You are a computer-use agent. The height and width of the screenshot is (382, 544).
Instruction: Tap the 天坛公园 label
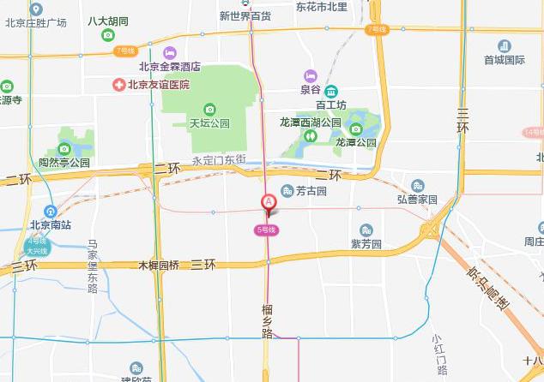pos(209,123)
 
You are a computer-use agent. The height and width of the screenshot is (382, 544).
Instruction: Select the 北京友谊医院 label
pos(158,84)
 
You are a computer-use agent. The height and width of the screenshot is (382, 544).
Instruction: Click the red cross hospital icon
pos(119,84)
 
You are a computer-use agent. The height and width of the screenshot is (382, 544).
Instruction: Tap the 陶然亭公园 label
pos(64,162)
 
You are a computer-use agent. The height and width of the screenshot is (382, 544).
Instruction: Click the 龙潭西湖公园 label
pos(311,122)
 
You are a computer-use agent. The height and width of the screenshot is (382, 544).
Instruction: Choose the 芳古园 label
pos(310,191)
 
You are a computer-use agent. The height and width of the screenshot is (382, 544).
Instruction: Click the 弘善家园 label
pos(417,199)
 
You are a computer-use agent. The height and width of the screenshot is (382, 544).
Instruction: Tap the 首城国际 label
pos(504,60)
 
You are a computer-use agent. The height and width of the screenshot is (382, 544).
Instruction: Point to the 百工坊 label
pos(330,104)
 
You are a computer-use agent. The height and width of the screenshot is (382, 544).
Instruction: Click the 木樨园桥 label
pos(159,266)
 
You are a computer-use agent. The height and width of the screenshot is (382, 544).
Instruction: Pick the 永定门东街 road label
pos(219,160)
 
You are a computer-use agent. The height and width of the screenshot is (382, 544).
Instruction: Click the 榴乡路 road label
pos(267,319)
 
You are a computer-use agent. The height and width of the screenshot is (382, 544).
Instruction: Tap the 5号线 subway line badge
pos(266,230)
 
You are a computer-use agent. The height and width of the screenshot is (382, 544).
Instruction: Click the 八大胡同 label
pos(108,21)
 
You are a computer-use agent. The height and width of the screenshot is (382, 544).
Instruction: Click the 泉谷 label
pos(310,88)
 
